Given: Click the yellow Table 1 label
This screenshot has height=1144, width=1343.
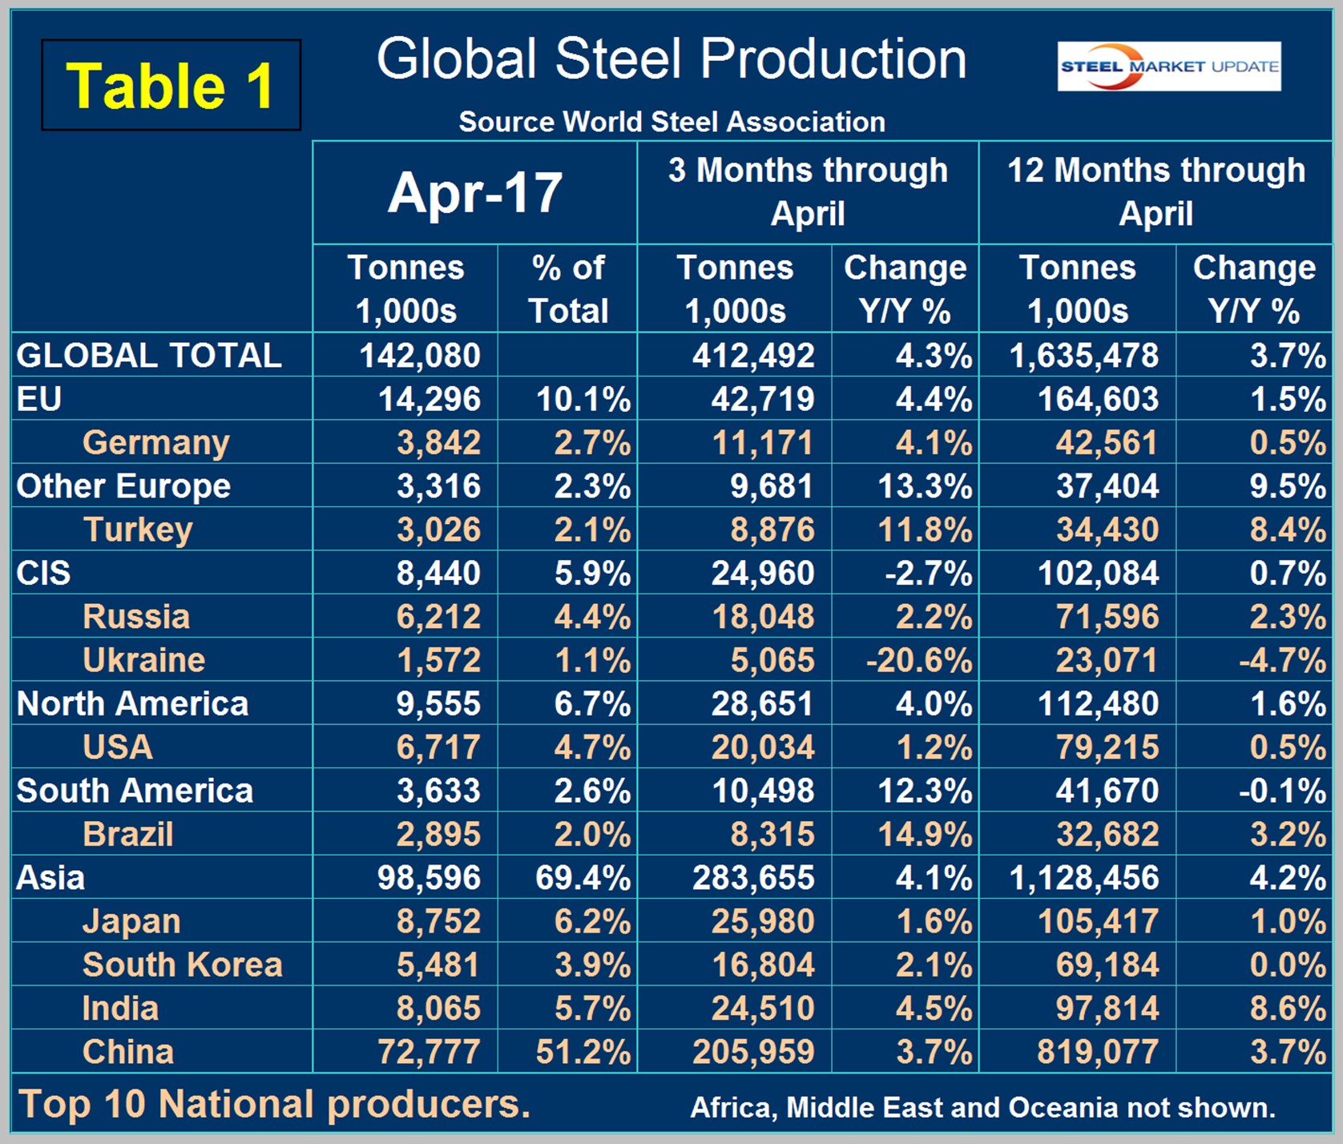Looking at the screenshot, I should coord(171,86).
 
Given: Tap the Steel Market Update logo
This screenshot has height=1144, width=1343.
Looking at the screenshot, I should coord(1168,66).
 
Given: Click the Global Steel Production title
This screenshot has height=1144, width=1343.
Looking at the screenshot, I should coord(671,59).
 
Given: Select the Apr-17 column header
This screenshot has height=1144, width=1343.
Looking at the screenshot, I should coord(475,193).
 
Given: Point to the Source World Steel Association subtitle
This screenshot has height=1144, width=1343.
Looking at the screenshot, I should coord(671,122).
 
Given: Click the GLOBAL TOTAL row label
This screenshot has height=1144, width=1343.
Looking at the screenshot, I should coord(149,356).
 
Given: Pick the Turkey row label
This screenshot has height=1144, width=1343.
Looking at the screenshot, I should coord(138,530).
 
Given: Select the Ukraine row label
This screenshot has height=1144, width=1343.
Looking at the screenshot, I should coord(144,660).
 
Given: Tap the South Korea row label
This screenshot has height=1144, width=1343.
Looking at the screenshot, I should coord(183,965).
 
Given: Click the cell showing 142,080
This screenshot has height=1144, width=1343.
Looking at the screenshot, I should coord(420,356).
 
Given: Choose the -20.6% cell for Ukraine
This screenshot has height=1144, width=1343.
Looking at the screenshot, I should coord(919,660).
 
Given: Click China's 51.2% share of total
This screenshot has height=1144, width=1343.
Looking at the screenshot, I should coord(583,1052).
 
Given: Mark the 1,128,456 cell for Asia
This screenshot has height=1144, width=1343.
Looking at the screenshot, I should coord(1083,878).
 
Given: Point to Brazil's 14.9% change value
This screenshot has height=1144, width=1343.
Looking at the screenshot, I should coord(925,835).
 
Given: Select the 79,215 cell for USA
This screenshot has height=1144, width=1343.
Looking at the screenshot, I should coord(1107,747).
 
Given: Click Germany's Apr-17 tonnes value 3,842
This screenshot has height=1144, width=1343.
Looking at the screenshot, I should coord(438,443).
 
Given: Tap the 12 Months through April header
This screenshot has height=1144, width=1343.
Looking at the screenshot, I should coord(1155,192).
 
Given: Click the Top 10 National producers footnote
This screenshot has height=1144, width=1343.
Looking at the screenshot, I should coord(274,1105).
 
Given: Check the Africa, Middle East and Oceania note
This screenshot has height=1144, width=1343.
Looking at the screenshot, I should coord(982,1108).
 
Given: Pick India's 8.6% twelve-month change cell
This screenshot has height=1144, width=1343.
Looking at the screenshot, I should coord(1287,1009).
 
